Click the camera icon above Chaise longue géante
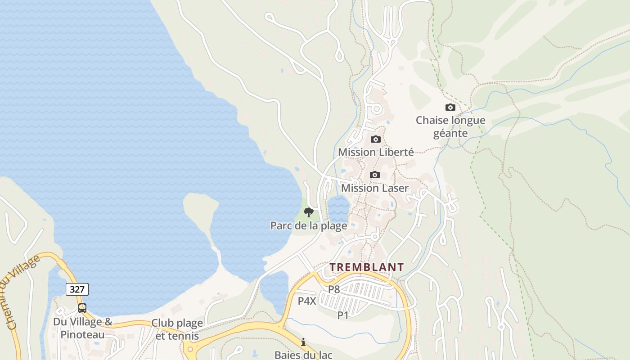[x=450, y=108]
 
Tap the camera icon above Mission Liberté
[x=375, y=139]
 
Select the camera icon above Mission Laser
[x=374, y=175]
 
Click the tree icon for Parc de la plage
[x=308, y=212]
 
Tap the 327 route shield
[x=77, y=289]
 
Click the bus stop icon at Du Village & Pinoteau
[x=82, y=308]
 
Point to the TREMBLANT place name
[x=366, y=267]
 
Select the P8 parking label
[x=334, y=289]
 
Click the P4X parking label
[x=307, y=301]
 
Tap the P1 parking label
[x=343, y=315]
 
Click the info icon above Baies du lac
[x=303, y=342]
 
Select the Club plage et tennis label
[x=177, y=329]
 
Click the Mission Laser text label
[x=374, y=188]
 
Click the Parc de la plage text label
[x=308, y=225]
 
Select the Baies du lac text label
[x=303, y=355]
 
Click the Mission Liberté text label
[x=376, y=152]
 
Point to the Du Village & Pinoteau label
[x=82, y=328]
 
